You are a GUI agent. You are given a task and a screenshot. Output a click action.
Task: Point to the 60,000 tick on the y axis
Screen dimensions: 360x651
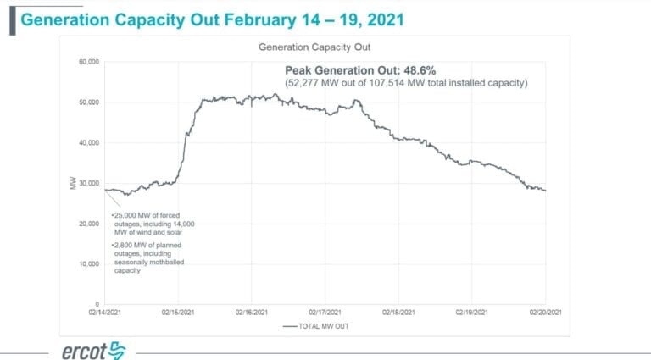click(88, 62)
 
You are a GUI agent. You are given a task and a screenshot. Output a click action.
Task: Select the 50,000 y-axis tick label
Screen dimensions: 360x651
click(88, 102)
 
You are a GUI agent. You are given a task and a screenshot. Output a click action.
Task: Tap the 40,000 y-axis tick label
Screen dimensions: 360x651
click(88, 142)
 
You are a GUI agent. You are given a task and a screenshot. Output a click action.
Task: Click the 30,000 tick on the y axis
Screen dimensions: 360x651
click(88, 183)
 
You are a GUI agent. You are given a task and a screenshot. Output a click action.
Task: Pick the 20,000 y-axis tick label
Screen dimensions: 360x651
click(88, 224)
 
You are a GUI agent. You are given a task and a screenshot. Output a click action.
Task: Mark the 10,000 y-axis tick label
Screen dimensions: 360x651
click(88, 263)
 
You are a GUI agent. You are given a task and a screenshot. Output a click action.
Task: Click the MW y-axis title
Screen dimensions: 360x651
click(75, 183)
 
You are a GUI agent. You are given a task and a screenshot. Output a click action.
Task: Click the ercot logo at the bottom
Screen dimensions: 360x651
click(93, 350)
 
